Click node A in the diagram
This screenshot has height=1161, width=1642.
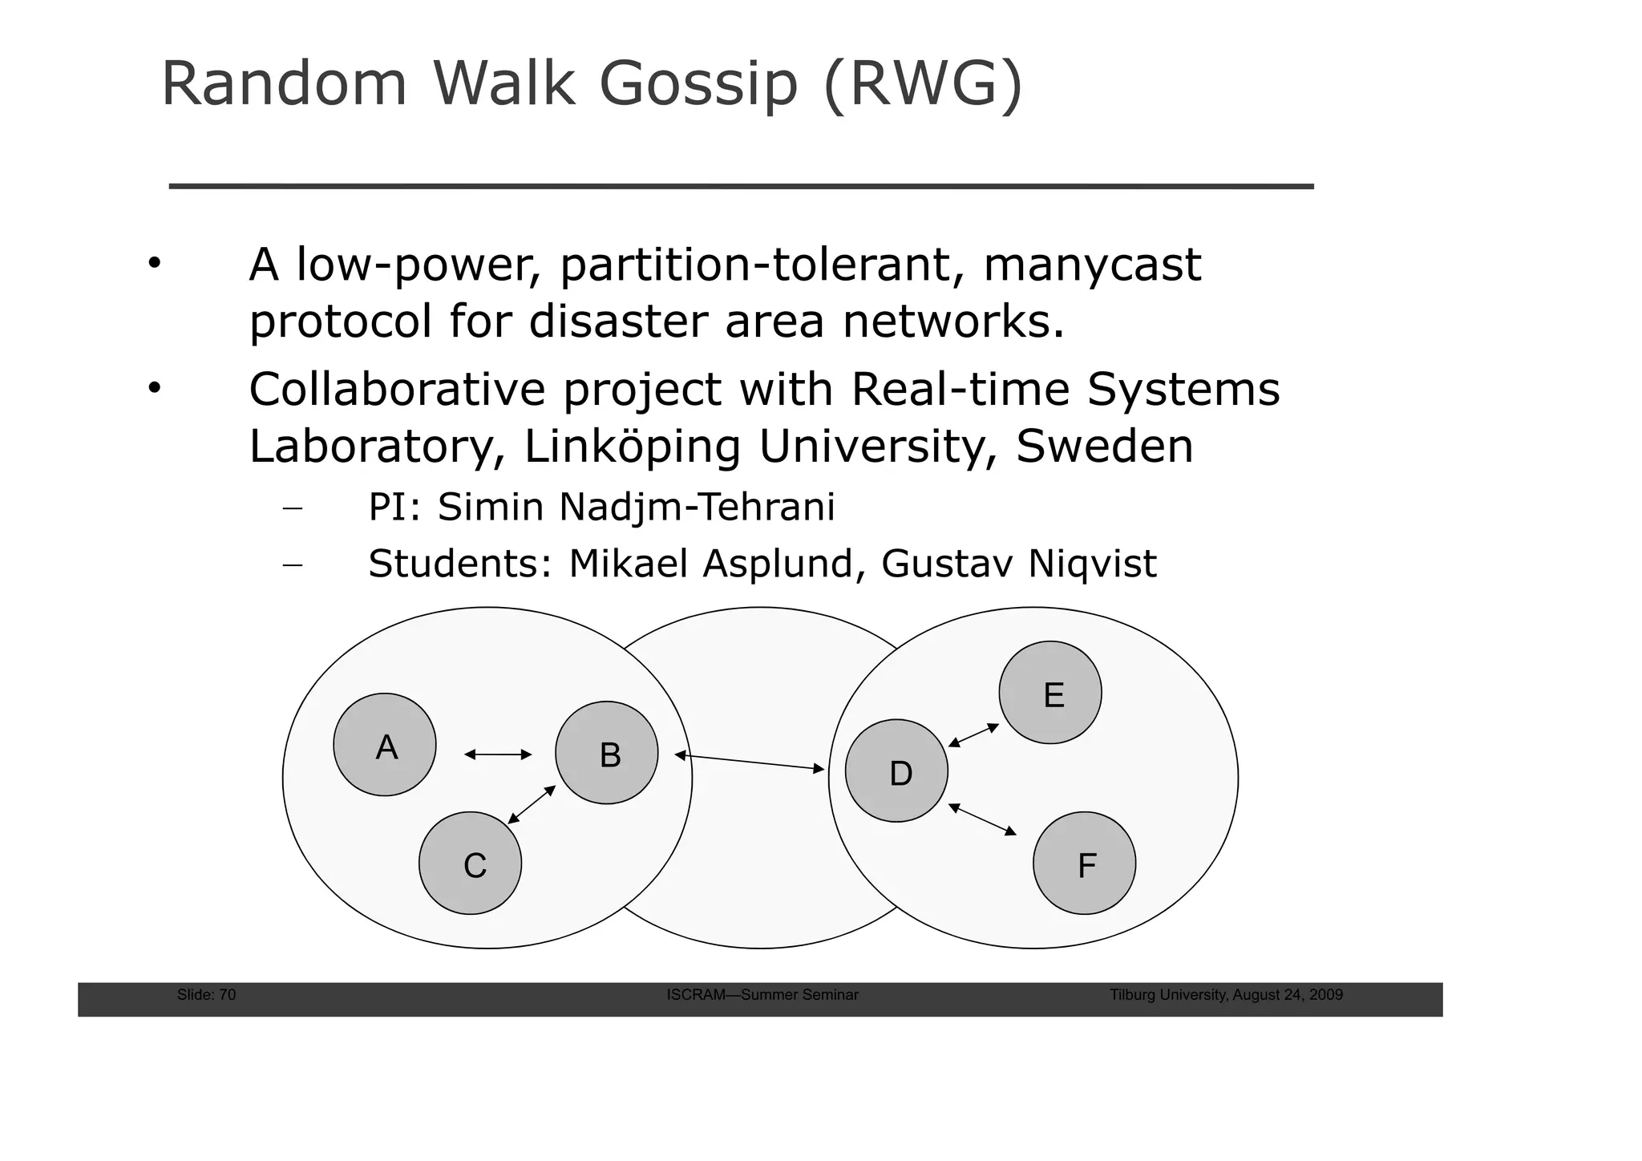(385, 745)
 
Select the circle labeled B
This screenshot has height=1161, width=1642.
(607, 753)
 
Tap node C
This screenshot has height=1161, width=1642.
(471, 864)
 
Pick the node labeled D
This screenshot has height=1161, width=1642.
(896, 771)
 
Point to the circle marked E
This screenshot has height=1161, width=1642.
(1050, 693)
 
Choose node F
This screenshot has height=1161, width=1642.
(1084, 864)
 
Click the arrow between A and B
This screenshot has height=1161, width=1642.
(498, 754)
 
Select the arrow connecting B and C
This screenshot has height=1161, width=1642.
(532, 804)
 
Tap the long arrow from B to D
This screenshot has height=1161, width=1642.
(750, 763)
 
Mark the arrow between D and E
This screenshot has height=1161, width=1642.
(973, 735)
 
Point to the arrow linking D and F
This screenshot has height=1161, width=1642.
(982, 819)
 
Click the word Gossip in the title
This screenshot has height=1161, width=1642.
(698, 84)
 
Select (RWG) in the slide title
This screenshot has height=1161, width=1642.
(923, 84)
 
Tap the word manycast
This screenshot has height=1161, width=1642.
(1092, 265)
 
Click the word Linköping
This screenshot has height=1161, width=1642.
(632, 447)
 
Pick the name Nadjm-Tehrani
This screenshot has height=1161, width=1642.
(696, 508)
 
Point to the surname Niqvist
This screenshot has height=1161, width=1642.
(1092, 564)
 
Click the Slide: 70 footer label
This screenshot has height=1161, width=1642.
(206, 995)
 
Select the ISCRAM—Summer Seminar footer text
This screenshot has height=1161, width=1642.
(762, 995)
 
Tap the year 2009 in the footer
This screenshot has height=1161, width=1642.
(1325, 995)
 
